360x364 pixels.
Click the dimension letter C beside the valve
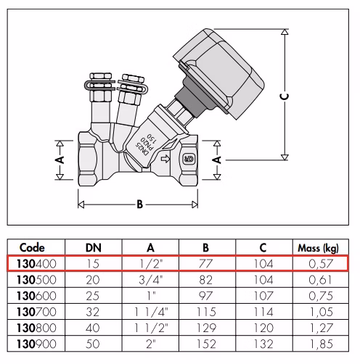(285, 96)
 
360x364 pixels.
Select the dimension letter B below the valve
(140, 204)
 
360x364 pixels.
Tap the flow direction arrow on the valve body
(165, 159)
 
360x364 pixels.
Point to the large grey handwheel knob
(218, 73)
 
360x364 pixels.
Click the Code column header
(32, 248)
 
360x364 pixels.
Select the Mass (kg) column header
(318, 248)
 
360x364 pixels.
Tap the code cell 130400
(36, 263)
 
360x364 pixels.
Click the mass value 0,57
(321, 264)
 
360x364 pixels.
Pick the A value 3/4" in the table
(151, 280)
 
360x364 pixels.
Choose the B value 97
(205, 296)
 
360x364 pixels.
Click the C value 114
(263, 312)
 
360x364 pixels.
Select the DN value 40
(93, 328)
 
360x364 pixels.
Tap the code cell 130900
(36, 344)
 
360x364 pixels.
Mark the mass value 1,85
(322, 344)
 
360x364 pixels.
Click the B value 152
(206, 344)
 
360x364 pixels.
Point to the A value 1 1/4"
(151, 312)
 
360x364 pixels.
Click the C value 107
(263, 296)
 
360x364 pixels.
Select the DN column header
(94, 248)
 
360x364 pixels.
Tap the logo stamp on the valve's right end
(189, 159)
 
